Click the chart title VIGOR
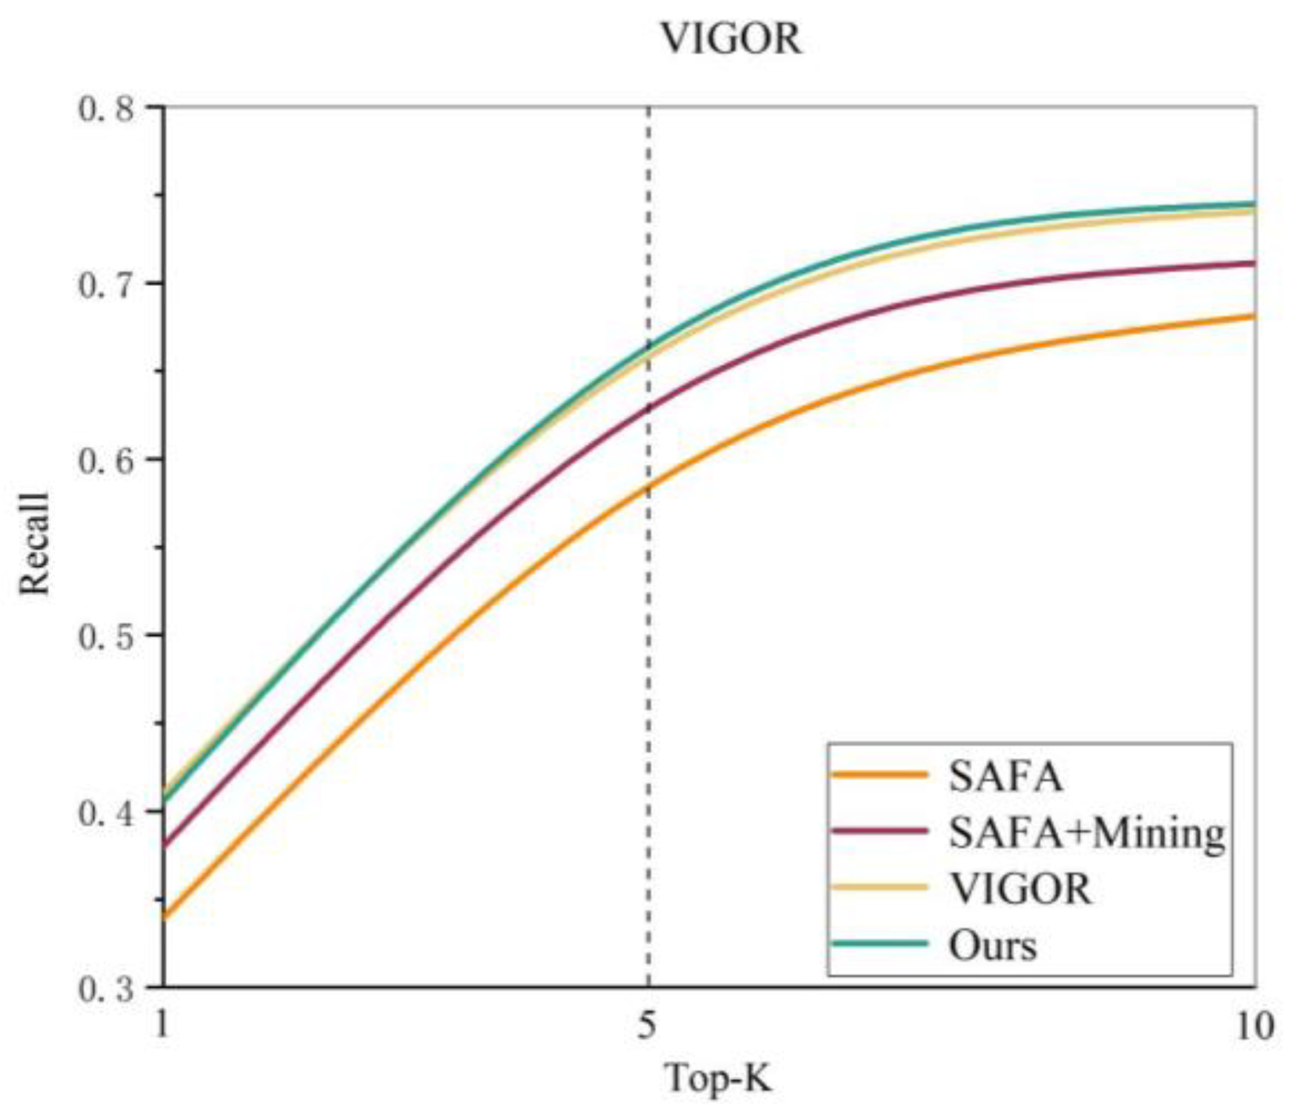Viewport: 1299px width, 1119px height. pyautogui.click(x=731, y=39)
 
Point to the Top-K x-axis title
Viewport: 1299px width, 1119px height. pyautogui.click(x=720, y=1078)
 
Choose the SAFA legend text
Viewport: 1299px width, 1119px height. pyautogui.click(x=1006, y=777)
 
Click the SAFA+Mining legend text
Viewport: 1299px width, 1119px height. pyautogui.click(x=1086, y=833)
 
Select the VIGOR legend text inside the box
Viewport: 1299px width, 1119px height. pyautogui.click(x=1020, y=889)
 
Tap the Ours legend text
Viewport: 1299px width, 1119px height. pyautogui.click(x=992, y=946)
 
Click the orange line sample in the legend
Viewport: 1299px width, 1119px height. pyautogui.click(x=880, y=776)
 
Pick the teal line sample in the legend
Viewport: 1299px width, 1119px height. pyautogui.click(x=880, y=944)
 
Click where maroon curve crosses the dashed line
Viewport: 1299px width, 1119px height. pyautogui.click(x=649, y=407)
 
